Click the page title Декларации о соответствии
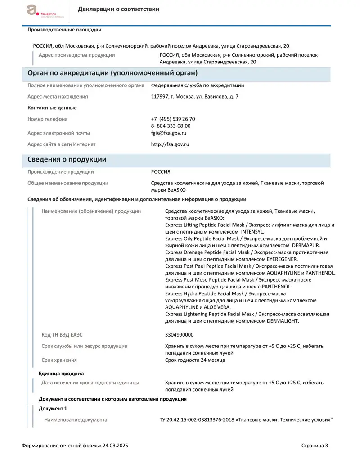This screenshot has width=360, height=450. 118,9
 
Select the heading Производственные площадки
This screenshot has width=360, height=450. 64,30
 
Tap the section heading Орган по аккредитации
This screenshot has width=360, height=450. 113,73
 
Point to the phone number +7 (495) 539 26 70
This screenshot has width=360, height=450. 173,119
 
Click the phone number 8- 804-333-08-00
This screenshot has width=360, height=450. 171,126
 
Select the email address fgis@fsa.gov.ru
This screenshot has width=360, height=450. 169,133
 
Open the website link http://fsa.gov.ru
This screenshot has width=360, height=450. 170,144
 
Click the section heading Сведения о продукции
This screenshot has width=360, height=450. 67,160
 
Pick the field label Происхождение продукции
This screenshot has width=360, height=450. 61,172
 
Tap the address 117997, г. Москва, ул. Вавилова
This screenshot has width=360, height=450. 195,97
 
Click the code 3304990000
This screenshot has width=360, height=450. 180,335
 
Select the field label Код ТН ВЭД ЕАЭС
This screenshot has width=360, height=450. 62,335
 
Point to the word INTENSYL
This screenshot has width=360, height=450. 254,232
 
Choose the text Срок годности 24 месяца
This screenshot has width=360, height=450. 195,360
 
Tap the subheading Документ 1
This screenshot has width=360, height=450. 53,409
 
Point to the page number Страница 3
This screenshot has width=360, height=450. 315,445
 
